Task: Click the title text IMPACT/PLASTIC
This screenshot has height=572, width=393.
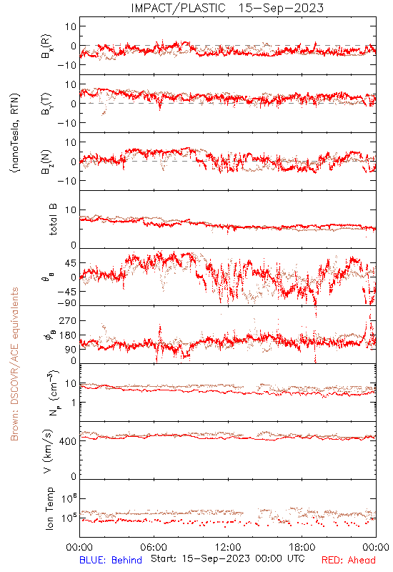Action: (178, 8)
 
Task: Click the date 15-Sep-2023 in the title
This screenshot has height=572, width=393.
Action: (281, 8)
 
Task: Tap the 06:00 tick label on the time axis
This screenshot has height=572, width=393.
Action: (154, 547)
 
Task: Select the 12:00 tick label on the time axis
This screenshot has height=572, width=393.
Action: (228, 547)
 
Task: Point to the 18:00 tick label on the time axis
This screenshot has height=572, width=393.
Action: (302, 547)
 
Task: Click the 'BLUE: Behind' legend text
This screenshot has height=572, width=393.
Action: (111, 560)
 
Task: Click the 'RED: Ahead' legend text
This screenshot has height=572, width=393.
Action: (348, 560)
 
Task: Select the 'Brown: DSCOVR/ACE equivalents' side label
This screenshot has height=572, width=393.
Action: (14, 364)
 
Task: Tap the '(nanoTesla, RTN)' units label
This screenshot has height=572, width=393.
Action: (15, 133)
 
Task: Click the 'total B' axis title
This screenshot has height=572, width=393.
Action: (53, 220)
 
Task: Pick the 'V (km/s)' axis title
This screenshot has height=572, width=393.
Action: (48, 451)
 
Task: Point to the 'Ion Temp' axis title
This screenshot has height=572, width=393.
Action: (49, 508)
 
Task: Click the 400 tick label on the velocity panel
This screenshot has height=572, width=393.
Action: (68, 441)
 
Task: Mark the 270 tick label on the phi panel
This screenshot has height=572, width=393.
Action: (68, 320)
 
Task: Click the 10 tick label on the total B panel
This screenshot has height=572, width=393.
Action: (71, 210)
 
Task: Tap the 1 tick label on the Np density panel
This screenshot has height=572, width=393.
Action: (74, 403)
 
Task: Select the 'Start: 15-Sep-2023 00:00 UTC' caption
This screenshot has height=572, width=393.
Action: (227, 559)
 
